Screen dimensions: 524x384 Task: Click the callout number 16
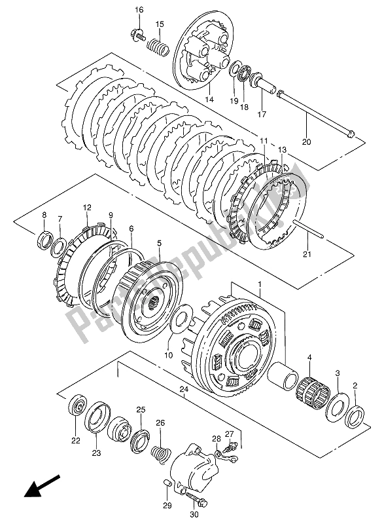[x=139, y=9]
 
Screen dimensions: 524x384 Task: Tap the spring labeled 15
[x=158, y=48]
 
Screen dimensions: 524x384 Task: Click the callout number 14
[x=209, y=99]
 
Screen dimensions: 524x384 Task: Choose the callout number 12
[x=86, y=208]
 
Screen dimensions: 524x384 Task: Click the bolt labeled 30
[x=190, y=493]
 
